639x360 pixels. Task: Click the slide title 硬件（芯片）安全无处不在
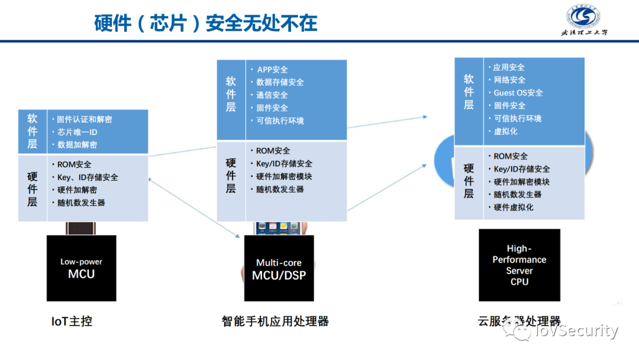point(206,22)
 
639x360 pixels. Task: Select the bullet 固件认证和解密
point(84,119)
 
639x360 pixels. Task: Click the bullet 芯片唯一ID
point(77,132)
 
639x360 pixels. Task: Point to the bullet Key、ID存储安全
point(88,177)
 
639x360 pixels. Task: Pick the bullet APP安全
point(272,69)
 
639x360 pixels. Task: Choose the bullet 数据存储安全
point(280,82)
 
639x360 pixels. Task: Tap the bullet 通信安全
point(272,95)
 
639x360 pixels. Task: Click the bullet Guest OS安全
point(518,93)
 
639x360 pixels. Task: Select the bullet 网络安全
point(509,80)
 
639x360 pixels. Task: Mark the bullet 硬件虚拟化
point(514,207)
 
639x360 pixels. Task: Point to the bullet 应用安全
point(509,67)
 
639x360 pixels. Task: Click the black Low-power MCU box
point(82,268)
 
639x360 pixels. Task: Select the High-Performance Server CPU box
point(519,265)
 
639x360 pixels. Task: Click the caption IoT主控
point(72,322)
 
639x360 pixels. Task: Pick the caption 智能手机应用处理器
point(275,322)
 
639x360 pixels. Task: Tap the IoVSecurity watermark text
point(575,331)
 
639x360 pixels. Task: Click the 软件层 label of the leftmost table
point(33,131)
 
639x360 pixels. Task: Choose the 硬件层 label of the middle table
point(231,176)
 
